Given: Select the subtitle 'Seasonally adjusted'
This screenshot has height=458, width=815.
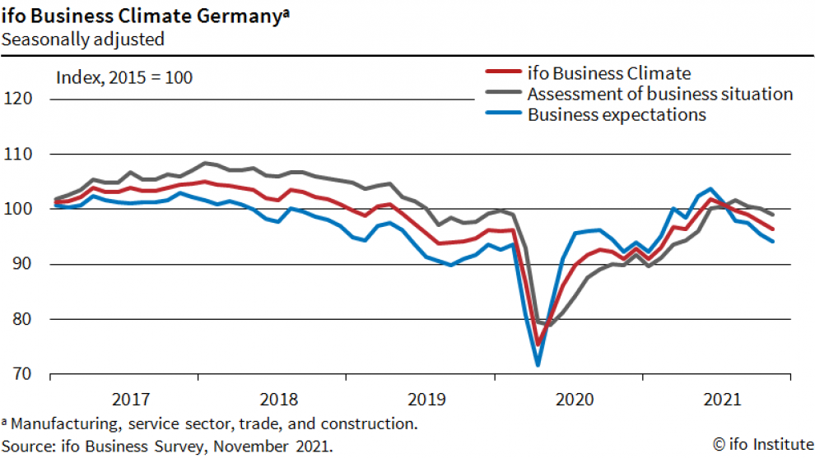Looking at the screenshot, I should [82, 39].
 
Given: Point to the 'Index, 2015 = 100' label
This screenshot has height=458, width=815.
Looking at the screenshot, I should [123, 78].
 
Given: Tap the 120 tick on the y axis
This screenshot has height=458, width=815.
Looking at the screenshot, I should [18, 99].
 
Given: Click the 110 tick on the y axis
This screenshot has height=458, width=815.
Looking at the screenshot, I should [18, 155].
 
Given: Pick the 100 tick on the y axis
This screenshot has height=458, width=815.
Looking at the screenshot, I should [18, 210].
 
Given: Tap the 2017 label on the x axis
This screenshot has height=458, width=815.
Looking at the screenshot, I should [130, 400].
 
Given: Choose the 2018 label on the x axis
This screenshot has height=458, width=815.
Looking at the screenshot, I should [278, 400].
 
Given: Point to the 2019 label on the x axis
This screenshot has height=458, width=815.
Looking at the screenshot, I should [426, 400].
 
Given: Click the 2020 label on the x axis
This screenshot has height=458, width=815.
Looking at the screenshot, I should [575, 400].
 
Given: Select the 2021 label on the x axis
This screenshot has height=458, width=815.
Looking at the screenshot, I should [721, 400].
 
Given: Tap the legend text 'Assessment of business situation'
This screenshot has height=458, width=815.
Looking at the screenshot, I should [659, 94].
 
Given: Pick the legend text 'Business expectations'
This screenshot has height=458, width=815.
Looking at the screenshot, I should [617, 114].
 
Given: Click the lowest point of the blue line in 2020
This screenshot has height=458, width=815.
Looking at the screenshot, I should [538, 363].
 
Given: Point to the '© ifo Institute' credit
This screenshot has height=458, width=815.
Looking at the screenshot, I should [761, 445].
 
